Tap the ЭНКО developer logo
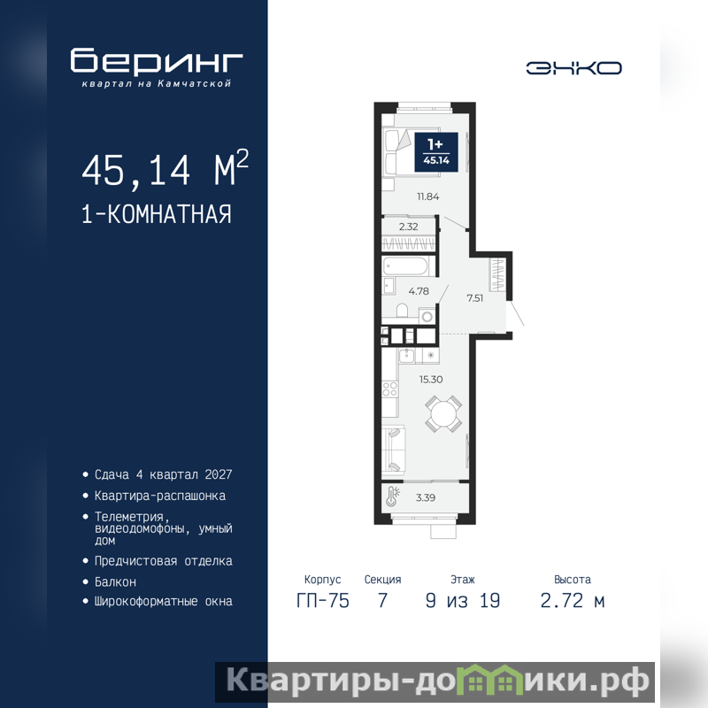573,68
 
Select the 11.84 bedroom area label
428,196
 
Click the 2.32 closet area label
408,227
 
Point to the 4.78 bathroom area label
419,291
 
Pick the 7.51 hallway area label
475,298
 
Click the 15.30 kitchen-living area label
431,380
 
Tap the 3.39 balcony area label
426,497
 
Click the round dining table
443,413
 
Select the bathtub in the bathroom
405,266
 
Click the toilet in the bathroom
402,311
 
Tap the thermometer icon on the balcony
391,496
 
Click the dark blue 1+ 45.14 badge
436,152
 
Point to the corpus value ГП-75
323,601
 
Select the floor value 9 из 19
463,601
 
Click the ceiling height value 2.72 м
572,601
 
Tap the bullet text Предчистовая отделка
163,561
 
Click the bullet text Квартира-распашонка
160,496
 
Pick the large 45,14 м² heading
165,168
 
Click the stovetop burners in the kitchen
389,389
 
